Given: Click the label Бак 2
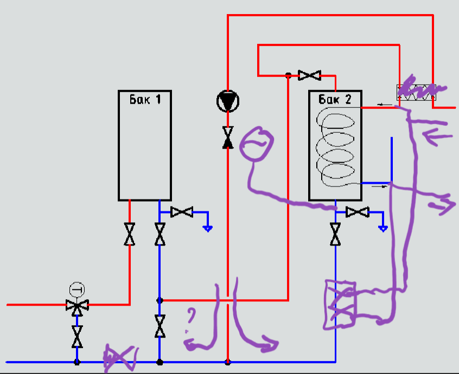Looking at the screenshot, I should [335, 99].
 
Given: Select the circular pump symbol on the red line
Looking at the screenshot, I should [227, 101].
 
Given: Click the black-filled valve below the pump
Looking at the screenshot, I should [227, 137].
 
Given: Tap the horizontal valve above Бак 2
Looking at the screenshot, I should [310, 75].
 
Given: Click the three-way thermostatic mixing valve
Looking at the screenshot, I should [77, 305].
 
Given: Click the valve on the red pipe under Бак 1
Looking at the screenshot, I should [130, 234].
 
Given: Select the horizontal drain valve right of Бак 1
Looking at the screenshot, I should [182, 212].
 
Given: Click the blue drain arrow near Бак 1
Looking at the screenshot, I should [207, 228].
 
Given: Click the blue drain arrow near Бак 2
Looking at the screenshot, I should [383, 228].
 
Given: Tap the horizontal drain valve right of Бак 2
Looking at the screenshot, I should [358, 212].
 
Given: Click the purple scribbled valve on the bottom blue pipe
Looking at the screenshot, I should [120, 358].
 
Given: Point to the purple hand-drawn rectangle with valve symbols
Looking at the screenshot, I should [340, 305].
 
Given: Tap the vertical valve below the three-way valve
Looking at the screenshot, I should [77, 337].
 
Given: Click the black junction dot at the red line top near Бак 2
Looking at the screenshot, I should [288, 76].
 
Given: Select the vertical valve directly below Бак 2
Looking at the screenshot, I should [336, 234].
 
